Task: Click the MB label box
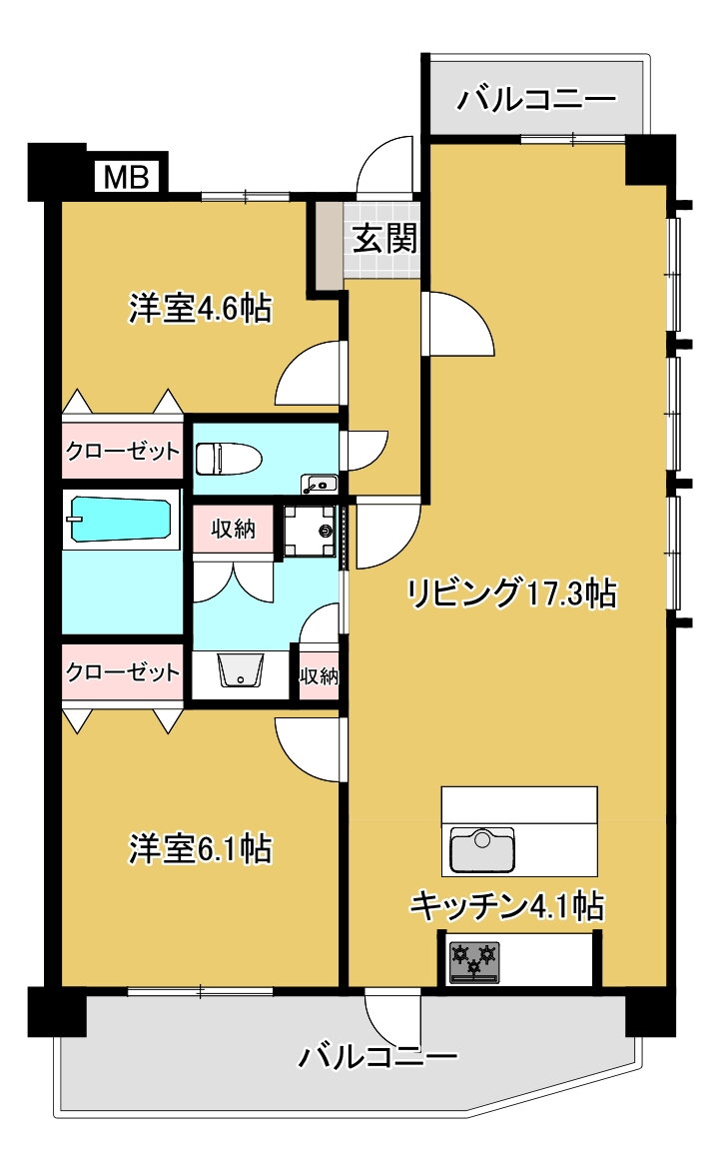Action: [127, 177]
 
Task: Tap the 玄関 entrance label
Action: [384, 238]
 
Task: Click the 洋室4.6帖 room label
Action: [201, 308]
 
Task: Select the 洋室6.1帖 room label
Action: [201, 848]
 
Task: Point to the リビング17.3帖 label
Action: [511, 593]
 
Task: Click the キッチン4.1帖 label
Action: [507, 906]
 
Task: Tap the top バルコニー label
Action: [537, 99]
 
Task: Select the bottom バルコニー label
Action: [378, 1056]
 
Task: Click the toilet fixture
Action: [228, 459]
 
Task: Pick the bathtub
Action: [120, 520]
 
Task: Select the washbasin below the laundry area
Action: [242, 670]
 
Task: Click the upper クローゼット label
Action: [123, 451]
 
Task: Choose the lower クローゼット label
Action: [123, 671]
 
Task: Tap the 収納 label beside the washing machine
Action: [233, 529]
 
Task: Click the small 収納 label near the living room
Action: [319, 675]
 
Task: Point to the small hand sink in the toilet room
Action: [319, 485]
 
